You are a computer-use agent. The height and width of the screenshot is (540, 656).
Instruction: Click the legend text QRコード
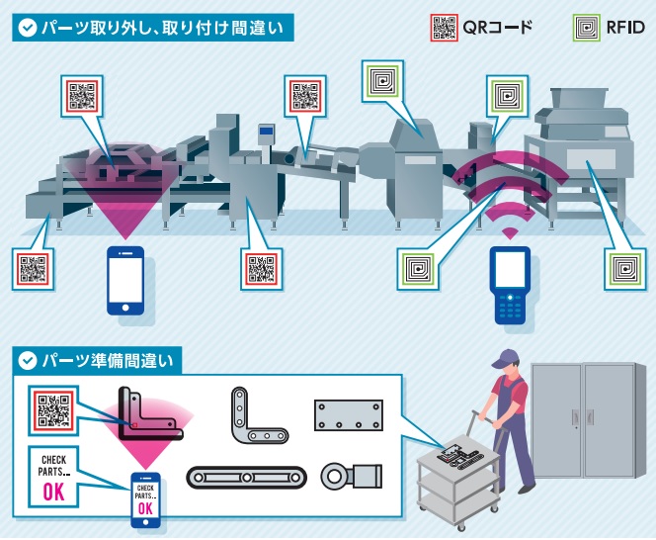[x=498, y=26]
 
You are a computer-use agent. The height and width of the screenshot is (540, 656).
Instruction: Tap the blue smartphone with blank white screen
[x=125, y=281]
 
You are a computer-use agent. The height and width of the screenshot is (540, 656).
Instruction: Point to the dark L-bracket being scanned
[x=148, y=413]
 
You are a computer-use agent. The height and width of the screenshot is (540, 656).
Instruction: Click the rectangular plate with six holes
[x=347, y=414]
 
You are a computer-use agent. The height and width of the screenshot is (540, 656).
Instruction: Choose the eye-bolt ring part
[x=350, y=476]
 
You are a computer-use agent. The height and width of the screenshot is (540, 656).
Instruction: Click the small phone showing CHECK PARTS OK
[x=146, y=500]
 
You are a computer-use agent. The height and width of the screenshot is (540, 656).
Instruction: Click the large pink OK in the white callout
[x=53, y=493]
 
